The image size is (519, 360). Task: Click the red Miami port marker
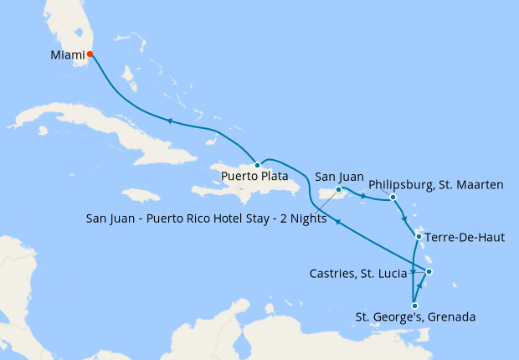90,55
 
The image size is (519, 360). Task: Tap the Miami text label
67,55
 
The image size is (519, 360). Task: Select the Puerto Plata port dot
257,165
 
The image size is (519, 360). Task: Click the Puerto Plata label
255,177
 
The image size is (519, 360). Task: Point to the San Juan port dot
338,191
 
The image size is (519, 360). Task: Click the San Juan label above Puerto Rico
338,177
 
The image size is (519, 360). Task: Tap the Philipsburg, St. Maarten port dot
393,198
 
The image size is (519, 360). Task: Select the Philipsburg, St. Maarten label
435,184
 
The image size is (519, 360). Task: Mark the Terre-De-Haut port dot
419,237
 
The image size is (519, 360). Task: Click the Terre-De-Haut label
465,238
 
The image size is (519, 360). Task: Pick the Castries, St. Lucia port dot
429,271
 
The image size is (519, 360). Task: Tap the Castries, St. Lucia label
358,272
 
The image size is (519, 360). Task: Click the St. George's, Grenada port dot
414,306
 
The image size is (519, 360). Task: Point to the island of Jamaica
140,194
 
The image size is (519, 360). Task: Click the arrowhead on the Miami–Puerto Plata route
170,121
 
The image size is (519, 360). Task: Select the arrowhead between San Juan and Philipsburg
363,198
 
